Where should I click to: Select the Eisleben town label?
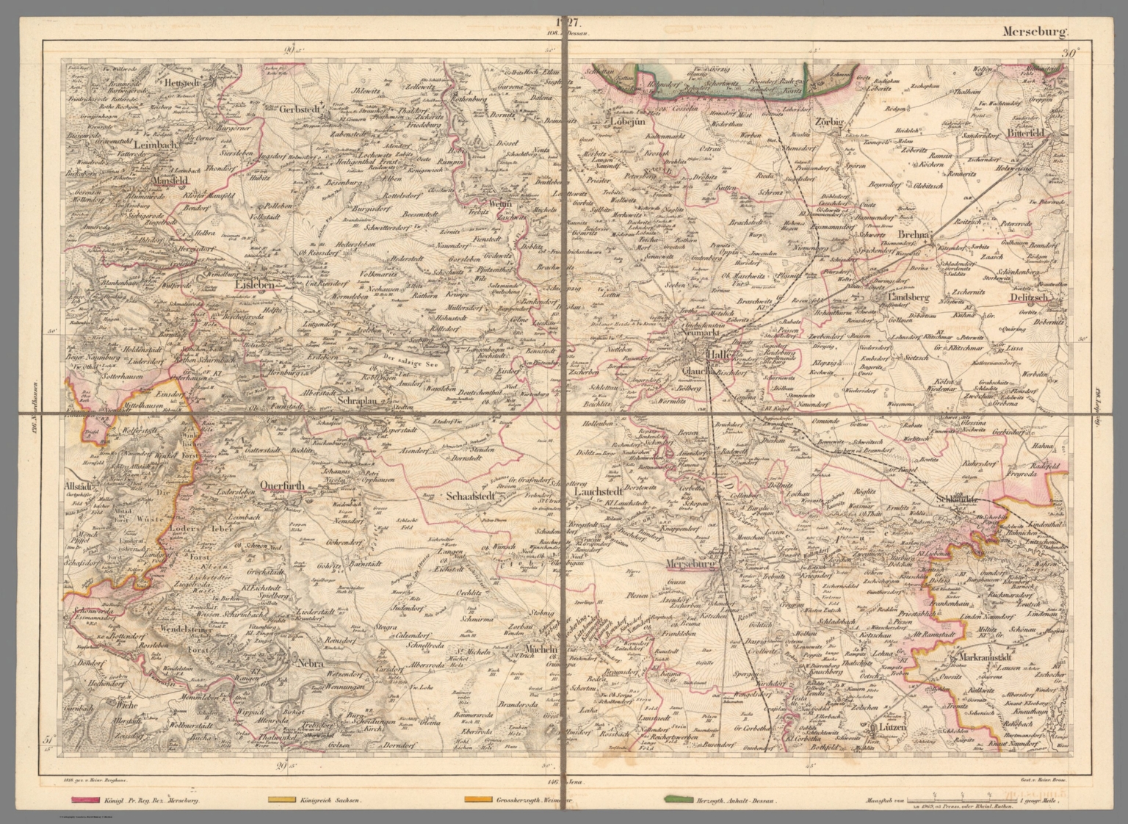tap(254, 283)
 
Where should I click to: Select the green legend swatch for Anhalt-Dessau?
tap(681, 799)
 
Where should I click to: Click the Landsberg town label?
tap(908, 298)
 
